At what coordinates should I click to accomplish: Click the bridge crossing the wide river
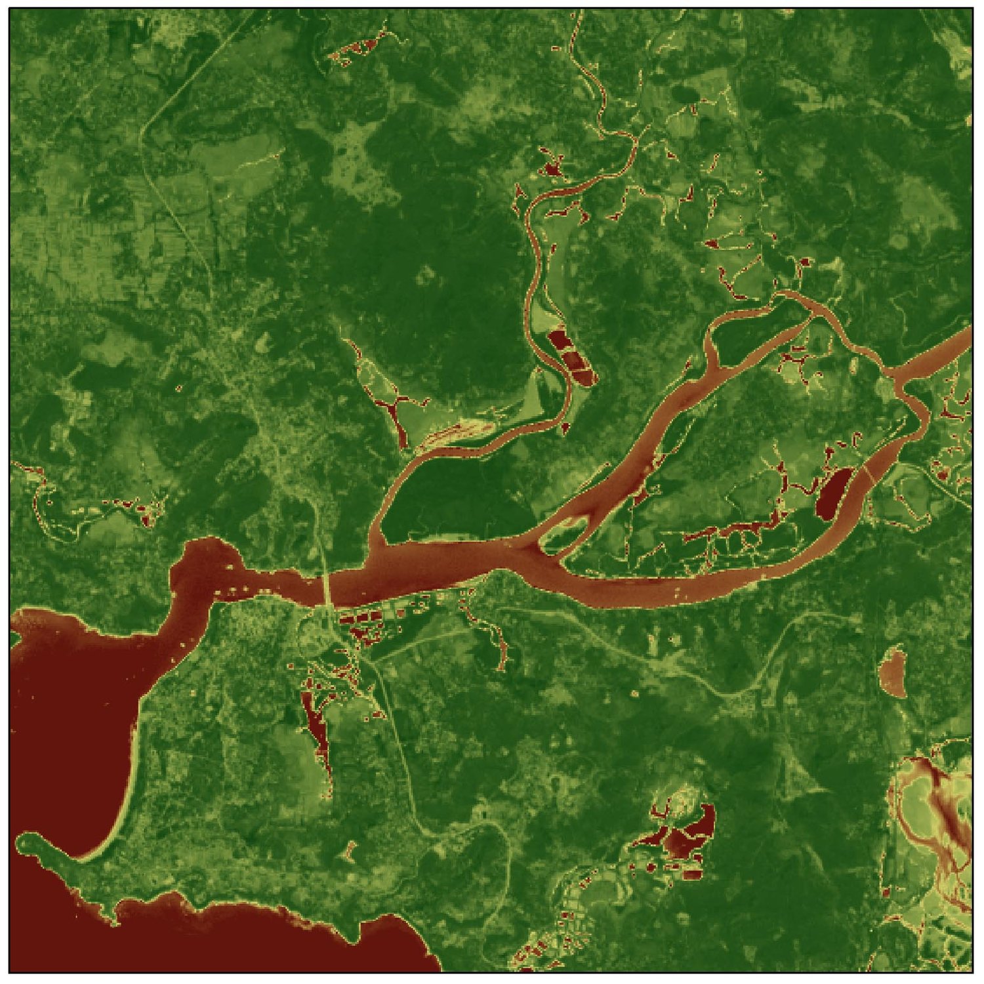pos(326,590)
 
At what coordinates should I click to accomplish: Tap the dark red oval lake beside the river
pos(830,492)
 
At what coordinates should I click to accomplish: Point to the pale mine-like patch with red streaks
pos(932,807)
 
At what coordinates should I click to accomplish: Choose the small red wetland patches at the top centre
pos(354,49)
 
